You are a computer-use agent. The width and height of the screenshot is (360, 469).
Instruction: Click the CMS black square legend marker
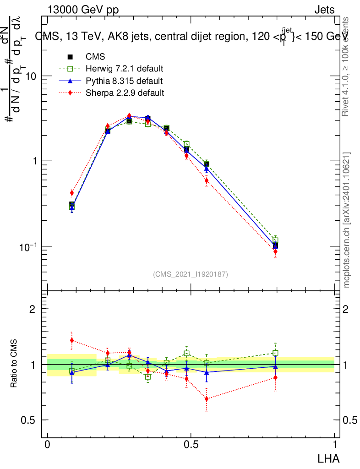click(70, 57)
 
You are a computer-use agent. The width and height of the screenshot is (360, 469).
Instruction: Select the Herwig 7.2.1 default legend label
click(124, 69)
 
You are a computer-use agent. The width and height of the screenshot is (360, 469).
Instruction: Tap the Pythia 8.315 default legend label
click(124, 81)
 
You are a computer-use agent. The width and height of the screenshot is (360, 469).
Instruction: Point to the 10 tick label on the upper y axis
click(30, 76)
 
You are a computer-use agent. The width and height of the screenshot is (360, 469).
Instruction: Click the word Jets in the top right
click(324, 10)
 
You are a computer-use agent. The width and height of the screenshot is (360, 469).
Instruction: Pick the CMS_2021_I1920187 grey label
click(191, 274)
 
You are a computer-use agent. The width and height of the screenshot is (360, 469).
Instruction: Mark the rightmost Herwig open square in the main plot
click(275, 240)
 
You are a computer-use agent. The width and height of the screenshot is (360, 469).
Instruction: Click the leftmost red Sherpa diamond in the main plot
click(72, 193)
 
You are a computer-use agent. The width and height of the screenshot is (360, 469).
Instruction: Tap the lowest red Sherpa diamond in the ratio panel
click(207, 399)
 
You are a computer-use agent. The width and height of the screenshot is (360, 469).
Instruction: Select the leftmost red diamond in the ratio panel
click(72, 340)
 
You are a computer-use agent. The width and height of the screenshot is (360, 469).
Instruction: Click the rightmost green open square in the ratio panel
click(275, 353)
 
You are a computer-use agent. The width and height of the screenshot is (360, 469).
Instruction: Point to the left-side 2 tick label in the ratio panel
click(32, 309)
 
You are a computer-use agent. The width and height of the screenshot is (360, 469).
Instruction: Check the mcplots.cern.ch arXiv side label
click(347, 220)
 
